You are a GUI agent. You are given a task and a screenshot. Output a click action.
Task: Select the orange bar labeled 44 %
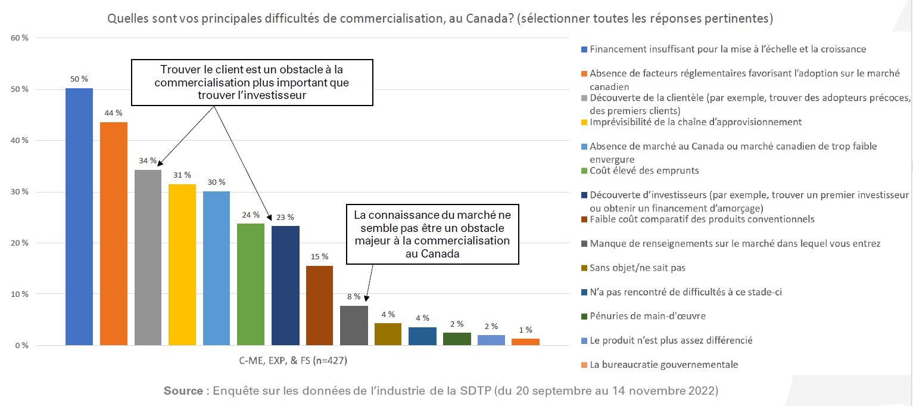tap(113, 233)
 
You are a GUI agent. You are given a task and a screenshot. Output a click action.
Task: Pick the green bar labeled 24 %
tap(251, 284)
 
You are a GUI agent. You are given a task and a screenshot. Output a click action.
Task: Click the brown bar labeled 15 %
tap(319, 305)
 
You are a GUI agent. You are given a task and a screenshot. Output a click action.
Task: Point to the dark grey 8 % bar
tap(354, 325)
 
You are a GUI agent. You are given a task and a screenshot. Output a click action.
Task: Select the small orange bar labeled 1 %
tap(525, 342)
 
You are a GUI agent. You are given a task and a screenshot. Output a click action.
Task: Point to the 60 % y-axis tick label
tap(20, 38)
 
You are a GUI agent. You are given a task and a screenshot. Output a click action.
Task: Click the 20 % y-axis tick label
tap(20, 243)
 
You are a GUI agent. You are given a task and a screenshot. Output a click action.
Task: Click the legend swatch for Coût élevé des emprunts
tap(584, 171)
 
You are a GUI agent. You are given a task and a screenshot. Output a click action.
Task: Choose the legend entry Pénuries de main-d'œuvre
tap(647, 316)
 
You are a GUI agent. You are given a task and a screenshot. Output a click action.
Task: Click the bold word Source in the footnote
tap(183, 391)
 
